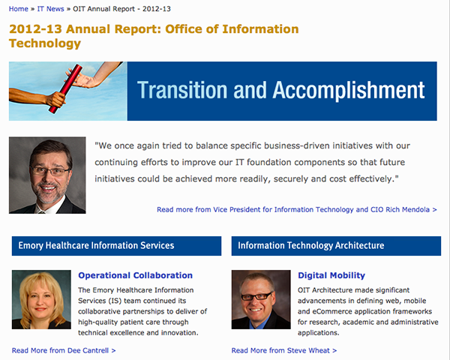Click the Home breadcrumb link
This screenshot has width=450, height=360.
pyautogui.click(x=18, y=9)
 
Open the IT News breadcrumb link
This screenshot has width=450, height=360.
pyautogui.click(x=50, y=9)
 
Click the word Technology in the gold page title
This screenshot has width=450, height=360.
pyautogui.click(x=45, y=43)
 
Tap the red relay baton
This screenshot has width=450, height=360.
pyautogui.click(x=65, y=88)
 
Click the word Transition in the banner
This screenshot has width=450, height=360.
pyautogui.click(x=182, y=90)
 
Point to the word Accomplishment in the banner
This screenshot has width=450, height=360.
pyautogui.click(x=349, y=91)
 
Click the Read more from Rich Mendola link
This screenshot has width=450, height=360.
pyautogui.click(x=297, y=209)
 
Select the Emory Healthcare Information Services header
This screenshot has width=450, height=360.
pyautogui.click(x=116, y=246)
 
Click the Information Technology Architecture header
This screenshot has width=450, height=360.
pyautogui.click(x=336, y=246)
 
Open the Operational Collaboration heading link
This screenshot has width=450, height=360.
pyautogui.click(x=135, y=275)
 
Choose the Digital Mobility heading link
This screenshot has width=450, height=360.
pyautogui.click(x=331, y=275)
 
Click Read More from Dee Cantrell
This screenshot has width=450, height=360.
pyautogui.click(x=64, y=350)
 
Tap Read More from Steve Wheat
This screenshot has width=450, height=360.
pyautogui.click(x=284, y=350)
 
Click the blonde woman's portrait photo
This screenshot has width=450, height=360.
pyautogui.click(x=41, y=299)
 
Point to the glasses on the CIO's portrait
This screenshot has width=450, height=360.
pyautogui.click(x=49, y=172)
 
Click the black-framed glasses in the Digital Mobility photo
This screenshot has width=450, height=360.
pyautogui.click(x=256, y=296)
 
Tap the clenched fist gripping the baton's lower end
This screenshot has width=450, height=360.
pyautogui.click(x=56, y=100)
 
